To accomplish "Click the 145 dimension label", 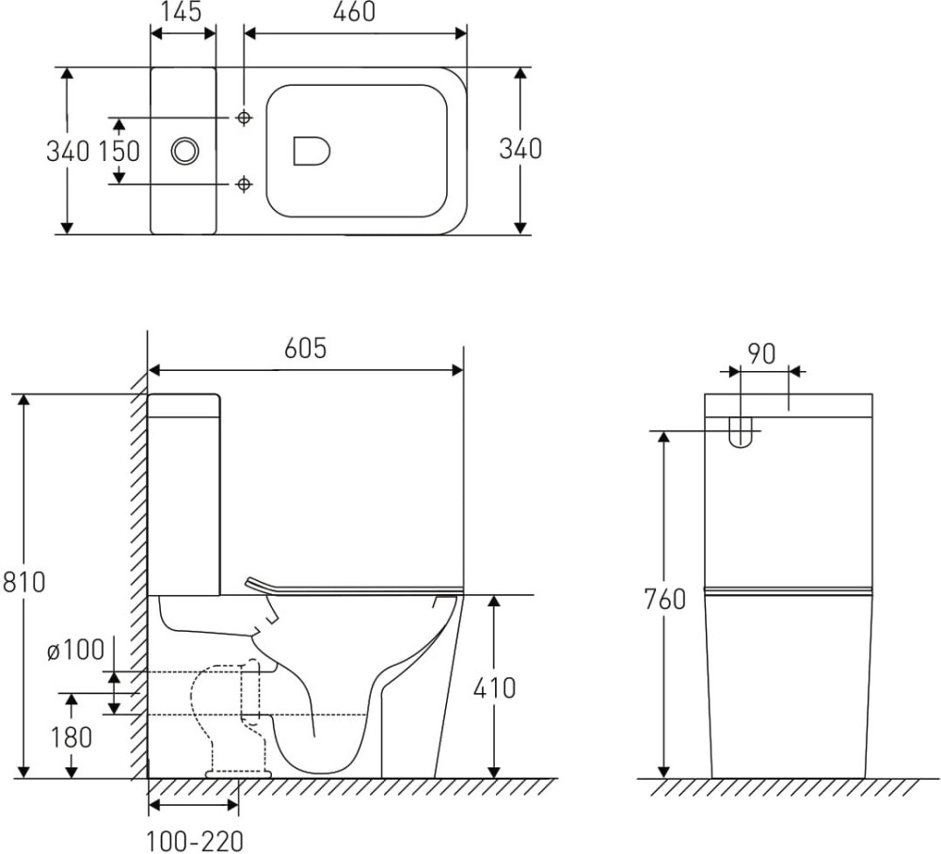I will pos(183,13).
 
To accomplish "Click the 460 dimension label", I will pos(355,12).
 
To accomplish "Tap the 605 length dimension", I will pos(305,348).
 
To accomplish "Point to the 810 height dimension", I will pos(23,583).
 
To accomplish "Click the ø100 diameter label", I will pos(74,650).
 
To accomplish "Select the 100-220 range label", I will pos(195,840).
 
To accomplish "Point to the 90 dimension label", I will pos(761,355).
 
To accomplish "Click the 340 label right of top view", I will pos(519,149).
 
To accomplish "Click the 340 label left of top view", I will pos(68,151).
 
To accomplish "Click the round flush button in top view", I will pos(185,150).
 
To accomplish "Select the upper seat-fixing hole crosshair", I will pos(244,117).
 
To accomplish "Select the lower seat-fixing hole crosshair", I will pos(244,184).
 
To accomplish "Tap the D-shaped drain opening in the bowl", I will pos(312,151).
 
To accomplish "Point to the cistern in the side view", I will pos(184,494).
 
